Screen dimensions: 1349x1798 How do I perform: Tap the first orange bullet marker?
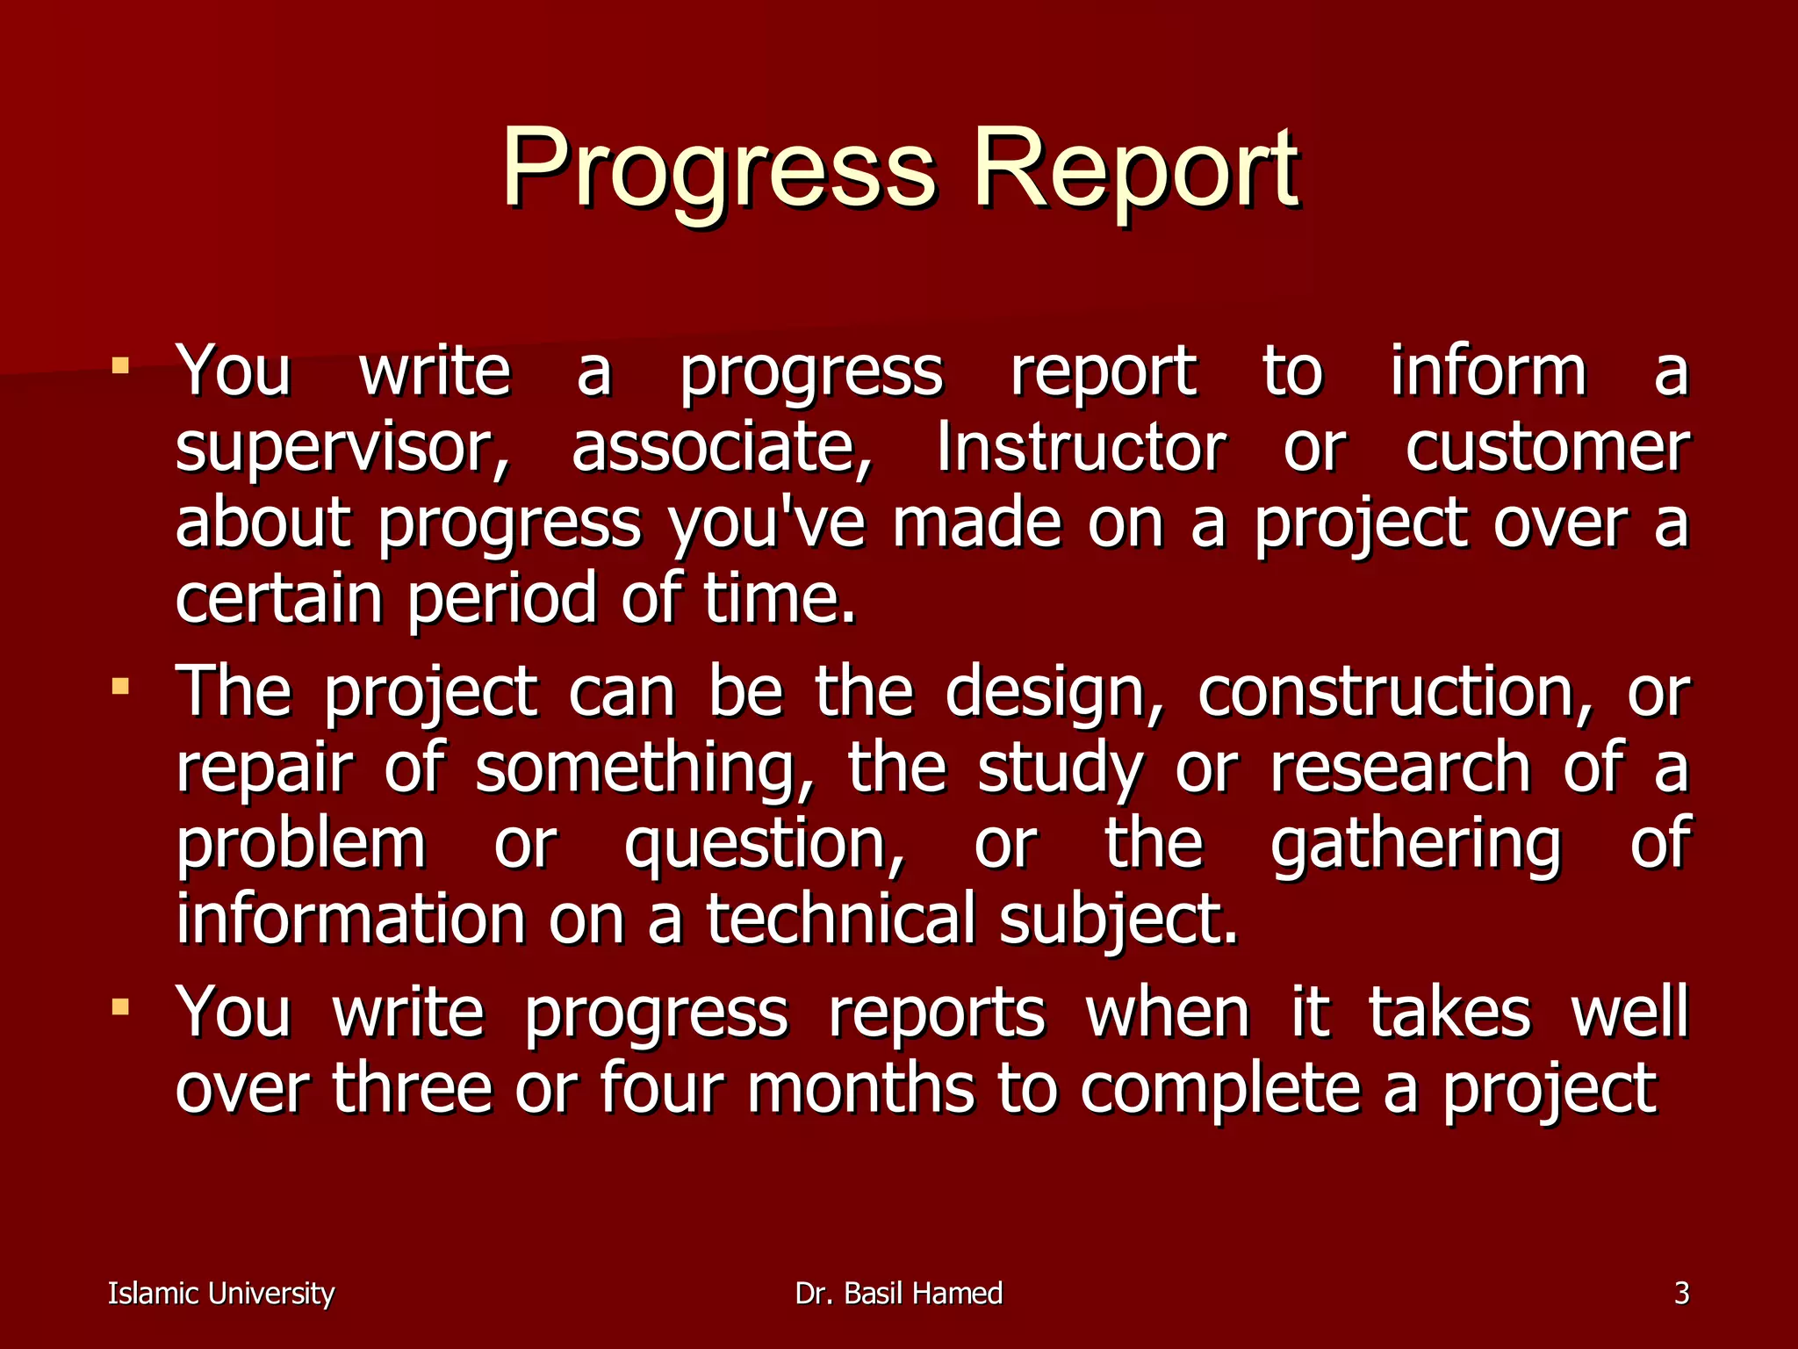point(121,364)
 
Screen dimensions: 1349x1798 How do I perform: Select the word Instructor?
point(1080,448)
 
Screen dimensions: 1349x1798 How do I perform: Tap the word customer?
point(1547,448)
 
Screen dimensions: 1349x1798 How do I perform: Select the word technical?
point(841,919)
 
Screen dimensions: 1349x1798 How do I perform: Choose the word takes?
point(1449,1012)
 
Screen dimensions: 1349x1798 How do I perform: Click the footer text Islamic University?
point(221,1294)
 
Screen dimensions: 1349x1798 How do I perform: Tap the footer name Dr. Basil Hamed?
point(898,1294)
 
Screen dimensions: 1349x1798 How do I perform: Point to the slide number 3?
point(1681,1294)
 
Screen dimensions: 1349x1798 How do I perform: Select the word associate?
point(722,448)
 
